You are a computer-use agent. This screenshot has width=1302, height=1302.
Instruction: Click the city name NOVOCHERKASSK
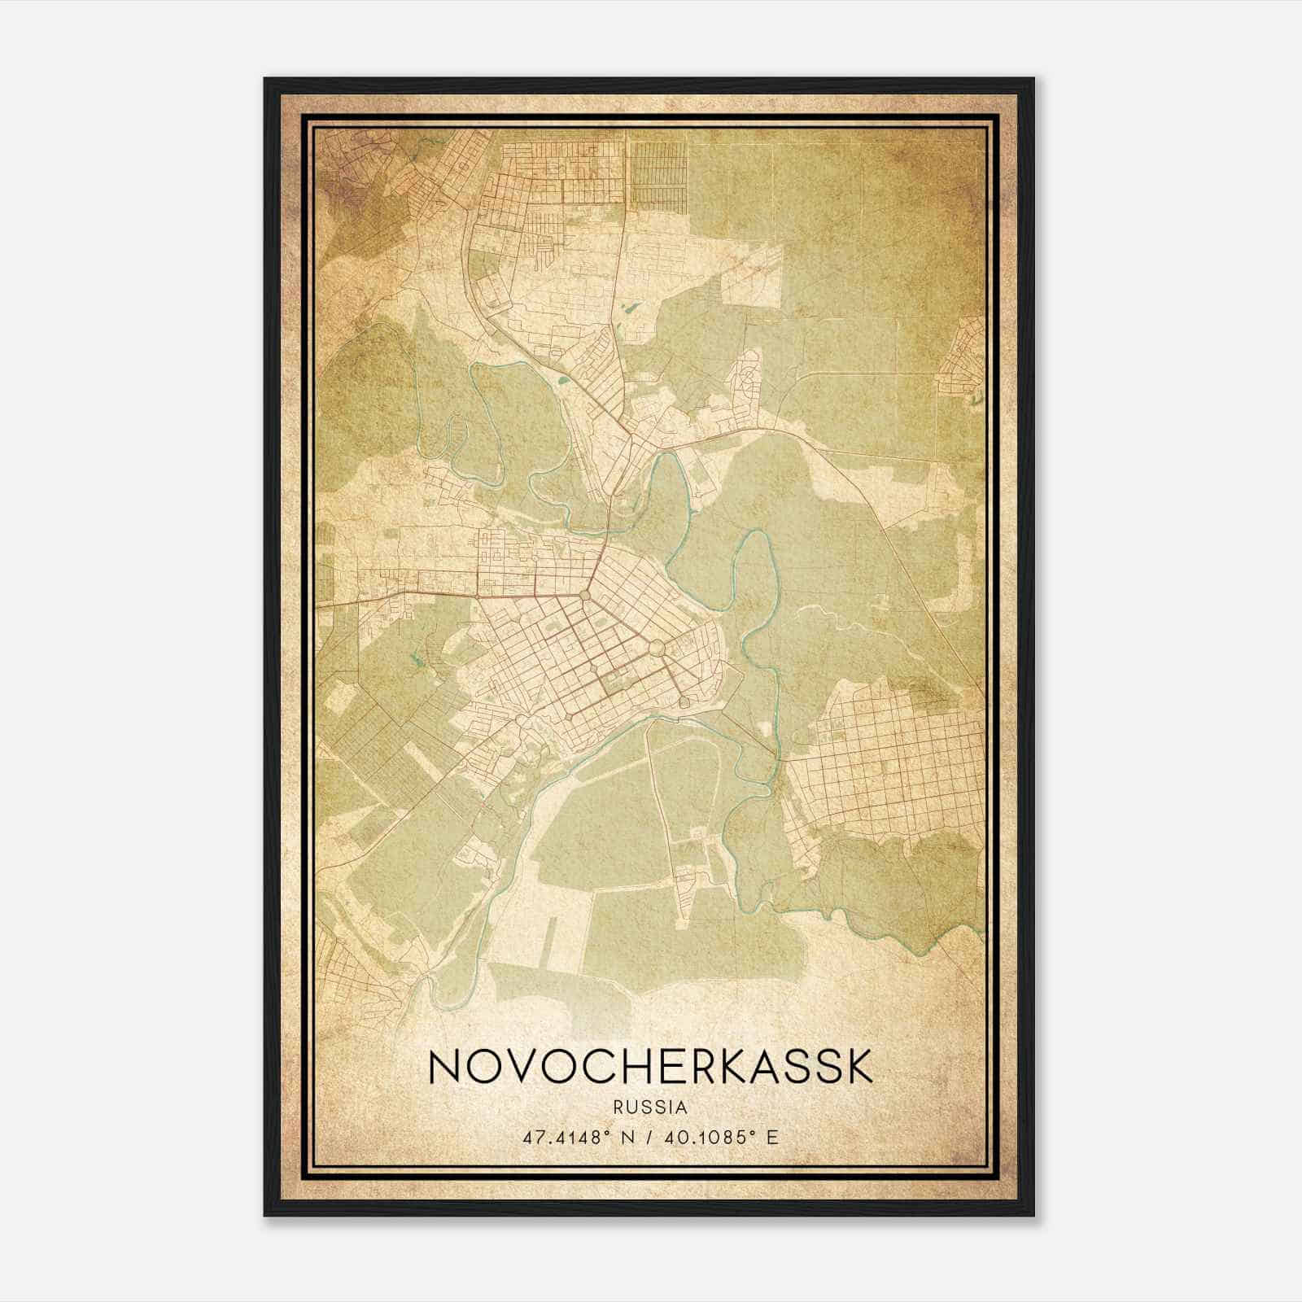[x=650, y=1066]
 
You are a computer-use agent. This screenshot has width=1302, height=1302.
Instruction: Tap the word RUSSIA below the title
[x=651, y=1108]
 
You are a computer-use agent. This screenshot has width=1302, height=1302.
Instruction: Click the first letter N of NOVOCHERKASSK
[x=445, y=1066]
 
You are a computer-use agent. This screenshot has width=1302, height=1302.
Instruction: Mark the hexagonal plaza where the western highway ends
[x=585, y=596]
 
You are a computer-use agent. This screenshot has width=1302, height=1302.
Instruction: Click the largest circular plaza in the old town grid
[x=657, y=649]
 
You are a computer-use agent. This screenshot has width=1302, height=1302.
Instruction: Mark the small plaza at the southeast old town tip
[x=685, y=701]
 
